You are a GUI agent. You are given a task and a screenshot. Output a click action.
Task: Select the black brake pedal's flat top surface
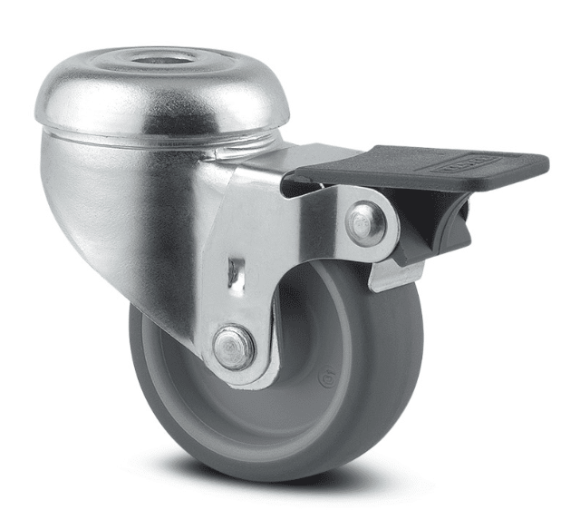[x=408, y=167]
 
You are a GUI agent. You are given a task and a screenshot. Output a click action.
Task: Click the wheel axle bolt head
[x=233, y=348]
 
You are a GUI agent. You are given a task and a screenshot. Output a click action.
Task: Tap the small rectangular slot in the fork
[x=236, y=271]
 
